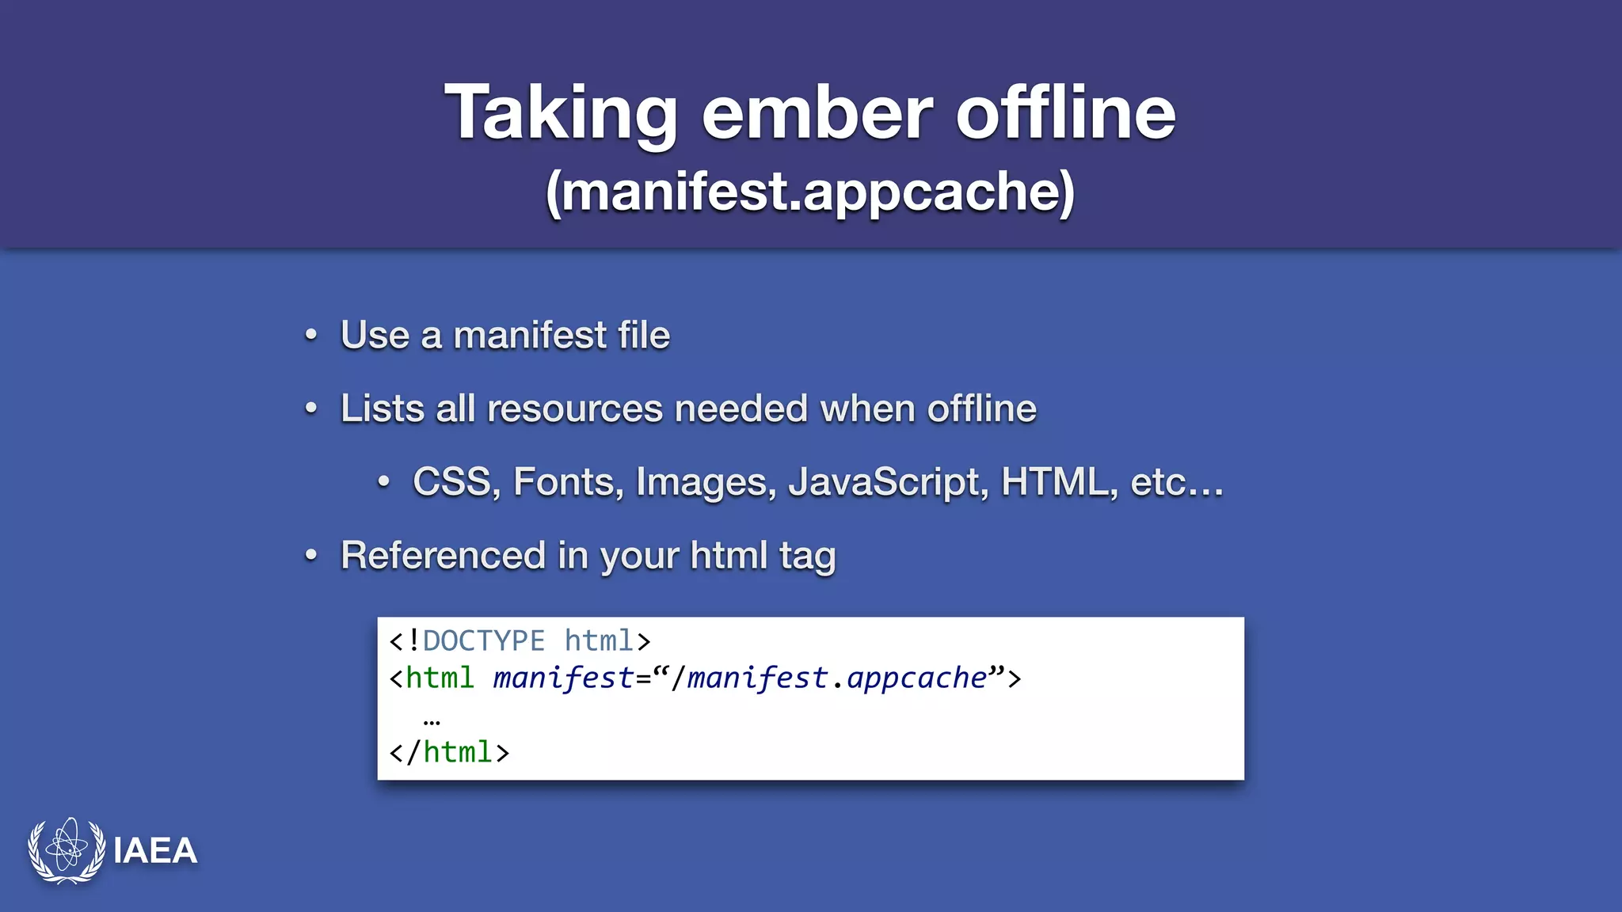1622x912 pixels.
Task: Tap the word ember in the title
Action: (817, 115)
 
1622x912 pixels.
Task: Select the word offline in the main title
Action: (1065, 115)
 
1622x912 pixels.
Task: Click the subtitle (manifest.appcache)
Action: (810, 192)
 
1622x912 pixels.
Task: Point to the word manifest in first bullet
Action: (529, 335)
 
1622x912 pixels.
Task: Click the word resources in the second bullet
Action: (575, 409)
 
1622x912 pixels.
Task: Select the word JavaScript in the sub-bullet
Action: (888, 482)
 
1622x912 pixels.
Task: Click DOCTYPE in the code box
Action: (483, 640)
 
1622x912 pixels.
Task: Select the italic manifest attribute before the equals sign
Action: (563, 678)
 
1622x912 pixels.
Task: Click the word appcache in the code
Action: (917, 678)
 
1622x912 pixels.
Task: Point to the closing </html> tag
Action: (449, 752)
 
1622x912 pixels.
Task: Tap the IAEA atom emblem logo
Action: (67, 850)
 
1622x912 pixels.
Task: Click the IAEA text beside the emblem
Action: (155, 851)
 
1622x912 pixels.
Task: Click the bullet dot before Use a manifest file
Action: (311, 336)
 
